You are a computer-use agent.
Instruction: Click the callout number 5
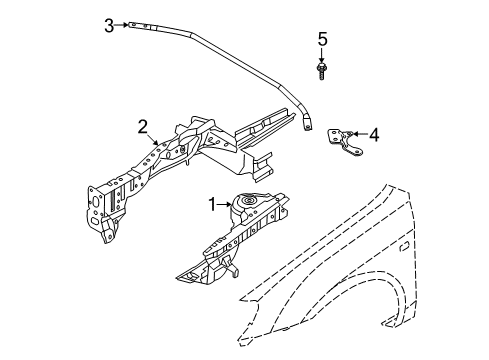tap(322, 39)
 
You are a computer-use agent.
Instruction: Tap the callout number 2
tap(143, 126)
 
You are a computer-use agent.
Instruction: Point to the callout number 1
tap(211, 204)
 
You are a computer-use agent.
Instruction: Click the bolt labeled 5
tap(322, 71)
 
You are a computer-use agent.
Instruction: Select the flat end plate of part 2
tap(100, 204)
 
